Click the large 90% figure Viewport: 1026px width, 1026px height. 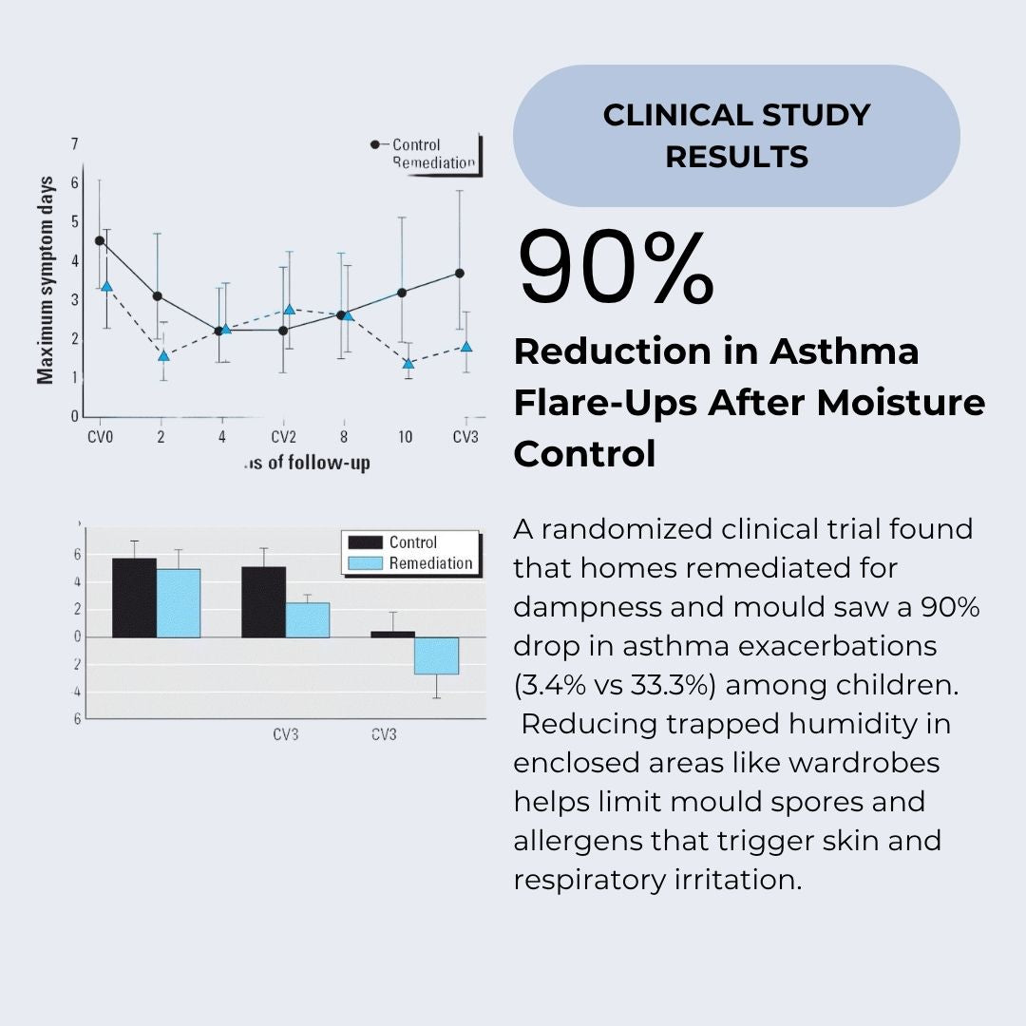tap(616, 269)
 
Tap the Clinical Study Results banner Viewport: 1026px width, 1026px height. tap(736, 136)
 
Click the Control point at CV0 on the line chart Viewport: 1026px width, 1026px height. tap(100, 240)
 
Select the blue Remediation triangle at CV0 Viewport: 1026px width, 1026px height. tap(106, 286)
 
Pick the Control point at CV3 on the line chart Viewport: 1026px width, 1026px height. tap(460, 273)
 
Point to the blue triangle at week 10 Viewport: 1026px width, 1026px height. tap(408, 363)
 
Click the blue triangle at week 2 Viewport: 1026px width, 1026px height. tap(163, 355)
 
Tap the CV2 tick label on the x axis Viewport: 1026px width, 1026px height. tap(283, 437)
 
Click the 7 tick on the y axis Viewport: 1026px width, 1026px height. tap(73, 144)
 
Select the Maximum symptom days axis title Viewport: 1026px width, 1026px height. tap(46, 280)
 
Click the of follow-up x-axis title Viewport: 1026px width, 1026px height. tap(307, 464)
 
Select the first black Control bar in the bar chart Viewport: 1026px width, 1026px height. tap(134, 598)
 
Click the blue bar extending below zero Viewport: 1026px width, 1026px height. tap(436, 655)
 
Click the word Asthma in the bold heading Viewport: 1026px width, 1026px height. tap(844, 351)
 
